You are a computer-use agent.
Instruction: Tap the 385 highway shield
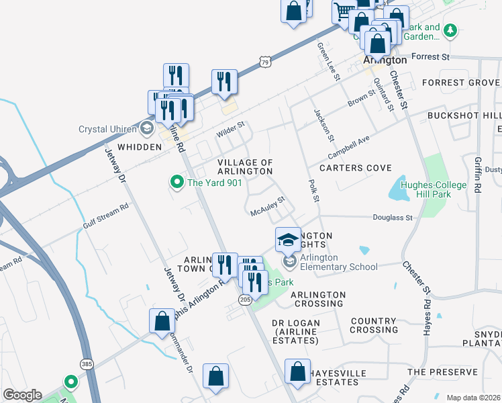(87, 364)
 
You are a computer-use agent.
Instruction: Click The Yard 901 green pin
(177, 181)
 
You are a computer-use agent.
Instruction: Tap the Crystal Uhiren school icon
(146, 129)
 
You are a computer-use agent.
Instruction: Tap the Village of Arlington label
(246, 167)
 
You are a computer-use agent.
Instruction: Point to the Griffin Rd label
(477, 175)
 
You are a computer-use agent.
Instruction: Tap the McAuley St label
(268, 204)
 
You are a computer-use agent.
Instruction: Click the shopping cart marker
(344, 11)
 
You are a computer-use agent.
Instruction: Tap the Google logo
(22, 395)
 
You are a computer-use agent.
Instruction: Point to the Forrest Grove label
(460, 83)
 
